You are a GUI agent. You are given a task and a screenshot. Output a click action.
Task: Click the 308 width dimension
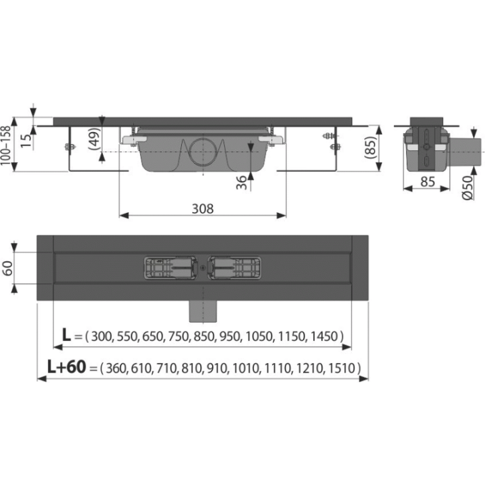203,209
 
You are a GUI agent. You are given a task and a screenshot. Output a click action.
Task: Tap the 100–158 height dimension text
6,145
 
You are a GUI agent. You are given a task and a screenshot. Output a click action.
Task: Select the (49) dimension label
95,139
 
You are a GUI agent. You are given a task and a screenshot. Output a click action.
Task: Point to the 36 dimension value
242,183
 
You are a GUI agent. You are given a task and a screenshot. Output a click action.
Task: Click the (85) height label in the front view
370,148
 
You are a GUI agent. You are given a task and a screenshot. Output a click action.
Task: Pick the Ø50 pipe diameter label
468,188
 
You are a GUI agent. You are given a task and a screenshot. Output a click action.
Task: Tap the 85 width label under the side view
428,182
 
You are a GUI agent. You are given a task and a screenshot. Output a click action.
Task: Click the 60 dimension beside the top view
7,268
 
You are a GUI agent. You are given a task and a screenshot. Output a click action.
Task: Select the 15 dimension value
26,140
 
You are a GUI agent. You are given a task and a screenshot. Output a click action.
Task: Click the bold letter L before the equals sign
66,335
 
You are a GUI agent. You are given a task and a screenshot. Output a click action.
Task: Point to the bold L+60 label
67,367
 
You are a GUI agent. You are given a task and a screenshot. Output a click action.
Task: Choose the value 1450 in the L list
324,336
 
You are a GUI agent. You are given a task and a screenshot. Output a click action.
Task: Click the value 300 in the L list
101,336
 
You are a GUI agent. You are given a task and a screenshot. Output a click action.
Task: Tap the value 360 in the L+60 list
117,368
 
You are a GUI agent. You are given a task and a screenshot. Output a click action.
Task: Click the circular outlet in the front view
203,151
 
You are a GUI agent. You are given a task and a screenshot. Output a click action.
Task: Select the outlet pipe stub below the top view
203,311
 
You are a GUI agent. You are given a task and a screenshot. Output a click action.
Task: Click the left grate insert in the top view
170,268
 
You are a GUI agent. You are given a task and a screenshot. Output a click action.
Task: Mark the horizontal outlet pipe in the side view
465,152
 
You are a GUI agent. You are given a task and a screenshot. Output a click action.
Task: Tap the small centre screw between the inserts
203,268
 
